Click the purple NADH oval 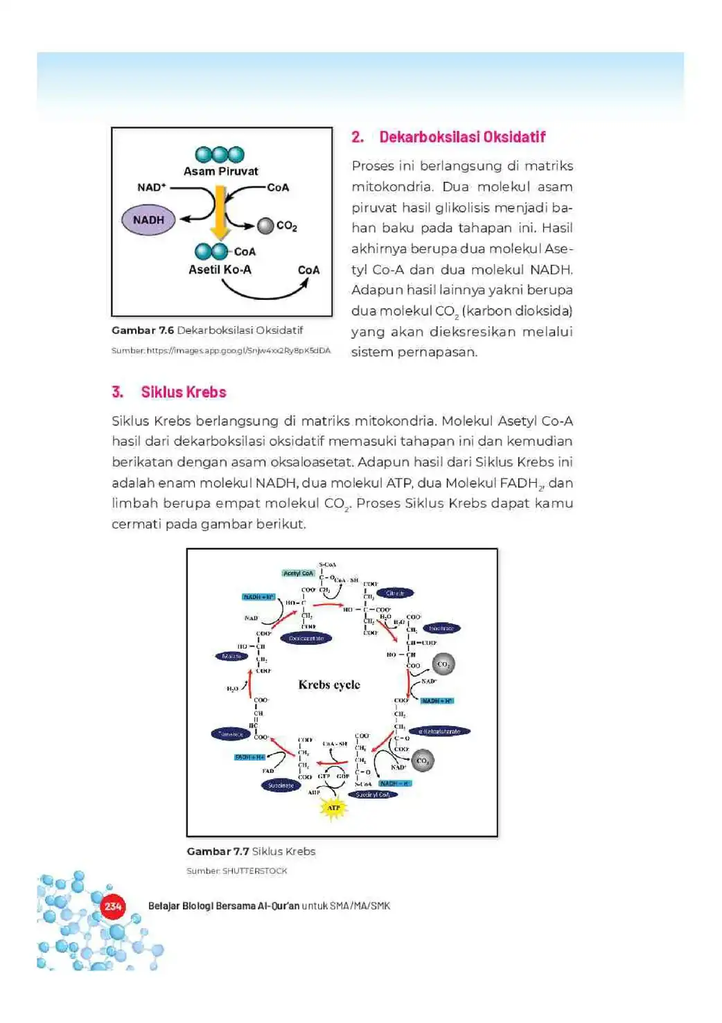pos(148,220)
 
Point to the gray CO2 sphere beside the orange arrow pos(265,226)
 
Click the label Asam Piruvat pos(220,171)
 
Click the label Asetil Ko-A pos(220,269)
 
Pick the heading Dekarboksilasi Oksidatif pos(462,137)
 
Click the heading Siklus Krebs pos(184,392)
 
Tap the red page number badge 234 pos(113,906)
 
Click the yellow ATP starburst pos(333,808)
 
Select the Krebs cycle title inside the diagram pos(329,684)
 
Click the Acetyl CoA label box pos(299,573)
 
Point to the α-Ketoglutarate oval pos(439,731)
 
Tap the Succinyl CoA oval pos(373,794)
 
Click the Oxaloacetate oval pos(306,638)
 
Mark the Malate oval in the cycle pos(231,656)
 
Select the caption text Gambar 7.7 pos(218,851)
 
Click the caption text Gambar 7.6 pos(143,330)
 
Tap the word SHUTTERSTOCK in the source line pos(254,871)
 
